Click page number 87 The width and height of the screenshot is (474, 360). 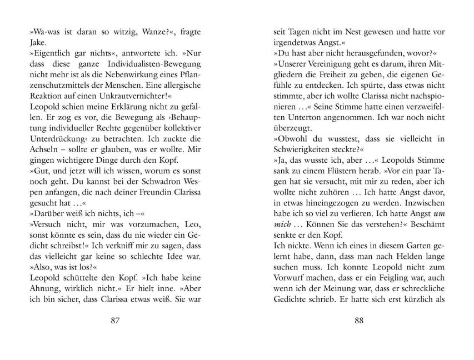click(x=116, y=321)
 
